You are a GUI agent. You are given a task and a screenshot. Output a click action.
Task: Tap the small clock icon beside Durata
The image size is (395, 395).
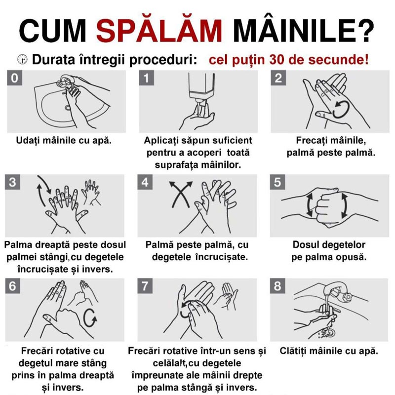[23, 59]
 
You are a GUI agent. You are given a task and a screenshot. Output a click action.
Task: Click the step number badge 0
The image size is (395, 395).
[15, 78]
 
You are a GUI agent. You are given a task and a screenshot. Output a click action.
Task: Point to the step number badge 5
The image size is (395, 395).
[277, 182]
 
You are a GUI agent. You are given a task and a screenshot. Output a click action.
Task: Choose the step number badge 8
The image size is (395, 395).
[277, 286]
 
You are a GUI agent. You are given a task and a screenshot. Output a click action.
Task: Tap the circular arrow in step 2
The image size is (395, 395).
[341, 110]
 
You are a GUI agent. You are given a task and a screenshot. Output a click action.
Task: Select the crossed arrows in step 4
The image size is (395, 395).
[181, 194]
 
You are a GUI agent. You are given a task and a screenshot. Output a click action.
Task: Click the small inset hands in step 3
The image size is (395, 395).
[90, 192]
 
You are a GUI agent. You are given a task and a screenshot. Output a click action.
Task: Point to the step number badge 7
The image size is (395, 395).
[145, 286]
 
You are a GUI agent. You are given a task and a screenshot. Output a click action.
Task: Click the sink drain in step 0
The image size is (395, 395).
[68, 108]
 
